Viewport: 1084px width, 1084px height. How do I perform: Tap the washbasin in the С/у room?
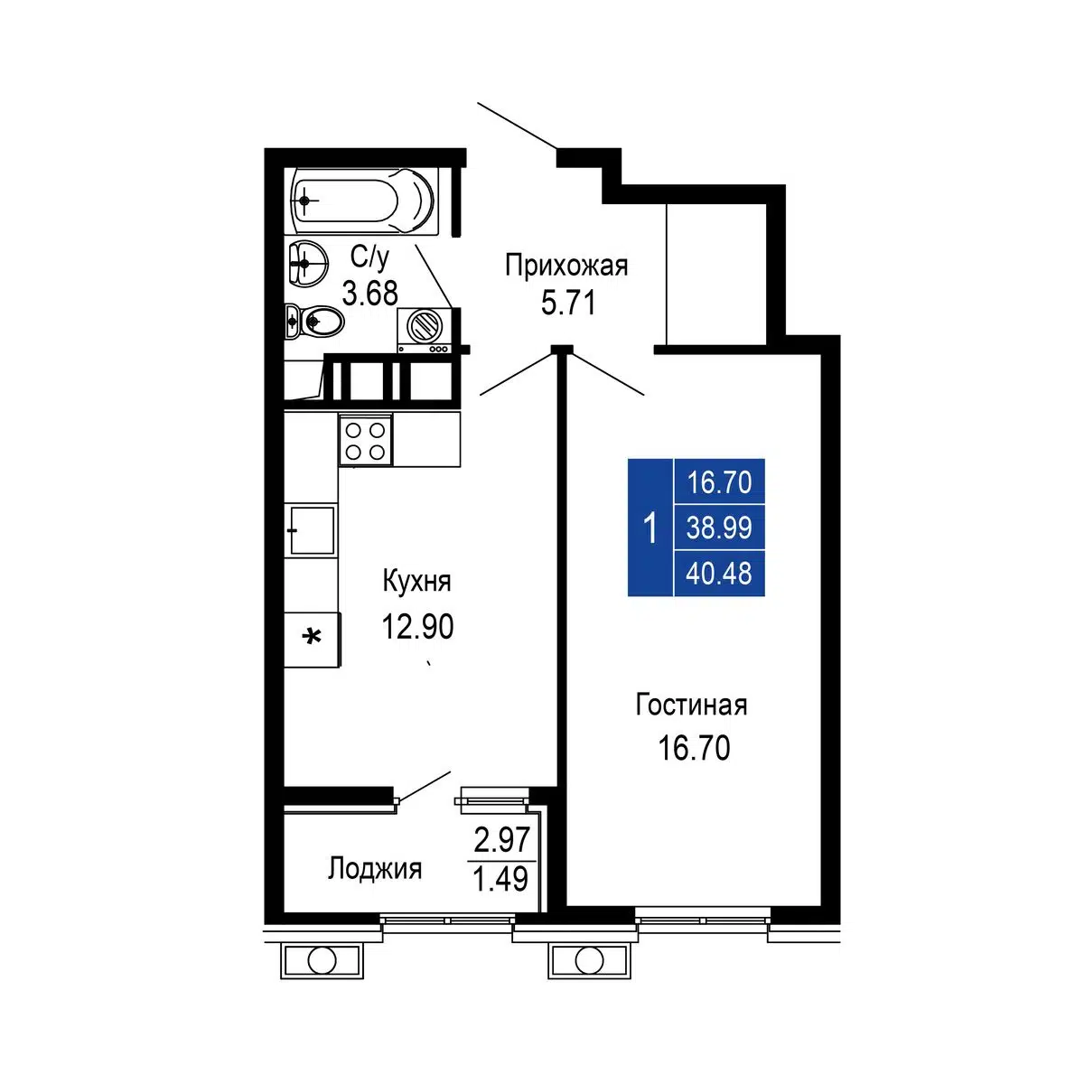click(308, 262)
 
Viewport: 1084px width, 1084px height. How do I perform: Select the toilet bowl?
click(314, 322)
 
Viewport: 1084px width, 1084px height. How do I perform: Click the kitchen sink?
click(311, 530)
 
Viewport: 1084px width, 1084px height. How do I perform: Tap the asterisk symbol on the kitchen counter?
click(312, 638)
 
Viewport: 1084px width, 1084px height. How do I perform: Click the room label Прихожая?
click(565, 266)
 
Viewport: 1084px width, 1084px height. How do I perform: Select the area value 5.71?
click(568, 304)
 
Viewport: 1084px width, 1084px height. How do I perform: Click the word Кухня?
click(416, 581)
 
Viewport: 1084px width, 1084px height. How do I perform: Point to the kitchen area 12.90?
click(418, 626)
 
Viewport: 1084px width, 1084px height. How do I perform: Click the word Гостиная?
click(691, 705)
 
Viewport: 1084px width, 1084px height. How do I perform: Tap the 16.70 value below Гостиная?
click(694, 748)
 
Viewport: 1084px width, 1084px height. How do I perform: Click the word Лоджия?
click(375, 868)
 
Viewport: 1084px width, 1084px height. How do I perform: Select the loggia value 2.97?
click(501, 840)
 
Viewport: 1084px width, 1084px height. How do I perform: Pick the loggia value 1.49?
click(501, 879)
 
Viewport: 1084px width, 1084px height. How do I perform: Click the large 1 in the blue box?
click(650, 528)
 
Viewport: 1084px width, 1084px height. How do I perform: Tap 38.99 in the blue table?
click(719, 528)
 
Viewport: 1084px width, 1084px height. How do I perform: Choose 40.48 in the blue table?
click(719, 574)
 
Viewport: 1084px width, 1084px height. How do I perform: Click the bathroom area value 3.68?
click(370, 293)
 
